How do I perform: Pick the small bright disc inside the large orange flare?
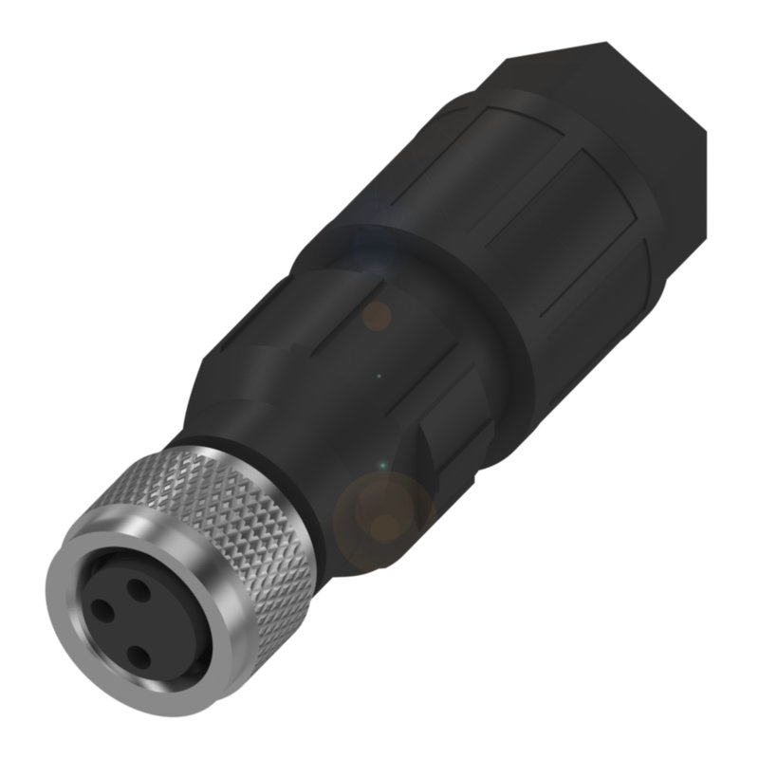pyautogui.click(x=383, y=527)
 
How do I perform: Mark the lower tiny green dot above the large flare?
pyautogui.click(x=381, y=466)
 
